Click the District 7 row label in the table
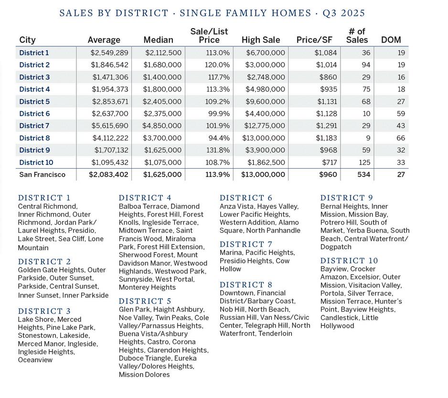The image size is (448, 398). click(34, 126)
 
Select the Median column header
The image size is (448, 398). click(158, 40)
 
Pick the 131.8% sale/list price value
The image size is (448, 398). click(217, 150)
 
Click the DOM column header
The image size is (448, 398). click(391, 40)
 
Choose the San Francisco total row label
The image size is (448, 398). click(42, 175)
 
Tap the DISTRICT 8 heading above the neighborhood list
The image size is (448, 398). click(245, 285)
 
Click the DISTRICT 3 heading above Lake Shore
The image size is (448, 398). click(44, 311)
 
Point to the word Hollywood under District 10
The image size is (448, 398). click(337, 326)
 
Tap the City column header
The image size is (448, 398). click(27, 40)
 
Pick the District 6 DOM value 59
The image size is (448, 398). click(400, 114)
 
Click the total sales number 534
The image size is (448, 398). click(363, 175)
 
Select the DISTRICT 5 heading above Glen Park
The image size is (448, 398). click(145, 301)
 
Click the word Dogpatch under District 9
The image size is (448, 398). click(336, 247)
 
